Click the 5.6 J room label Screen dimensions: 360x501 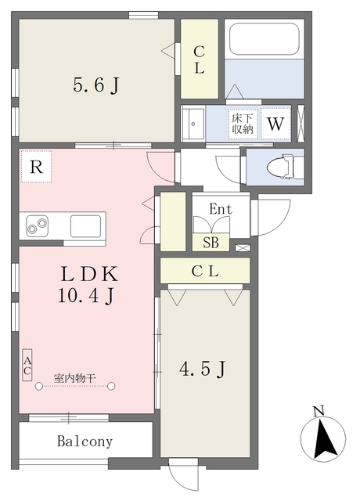click(96, 85)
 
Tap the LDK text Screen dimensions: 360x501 click(89, 274)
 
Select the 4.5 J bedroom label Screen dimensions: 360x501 click(203, 369)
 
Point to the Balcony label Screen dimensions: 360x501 click(85, 442)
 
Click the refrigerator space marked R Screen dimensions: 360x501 click(36, 167)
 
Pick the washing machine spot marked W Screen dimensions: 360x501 click(275, 124)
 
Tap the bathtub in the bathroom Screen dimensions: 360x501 click(265, 39)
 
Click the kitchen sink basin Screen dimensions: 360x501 click(85, 226)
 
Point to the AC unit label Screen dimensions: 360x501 click(27, 366)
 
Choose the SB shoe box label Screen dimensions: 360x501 click(211, 242)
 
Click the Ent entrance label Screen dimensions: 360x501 click(221, 209)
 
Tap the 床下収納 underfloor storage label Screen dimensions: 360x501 click(243, 124)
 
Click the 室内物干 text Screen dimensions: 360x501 click(75, 378)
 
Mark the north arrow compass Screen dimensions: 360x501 click(323, 438)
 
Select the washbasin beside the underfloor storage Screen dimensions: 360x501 click(193, 124)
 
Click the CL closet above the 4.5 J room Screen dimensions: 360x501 click(205, 271)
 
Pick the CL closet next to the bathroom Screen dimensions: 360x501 click(200, 59)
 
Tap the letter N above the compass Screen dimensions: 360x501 click(319, 410)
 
